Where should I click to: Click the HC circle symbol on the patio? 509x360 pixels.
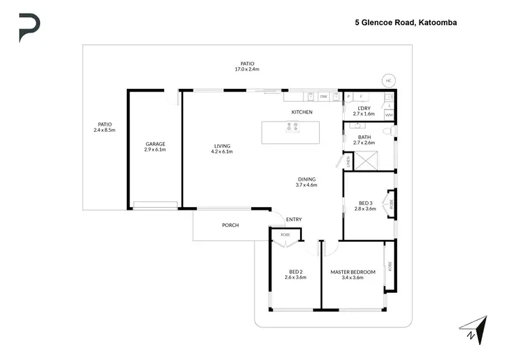click(389, 80)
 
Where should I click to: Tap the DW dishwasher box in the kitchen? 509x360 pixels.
click(324, 97)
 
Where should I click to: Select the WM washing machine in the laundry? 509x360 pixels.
click(389, 115)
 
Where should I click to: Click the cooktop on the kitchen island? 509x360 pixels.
click(293, 126)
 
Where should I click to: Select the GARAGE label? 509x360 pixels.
click(155, 144)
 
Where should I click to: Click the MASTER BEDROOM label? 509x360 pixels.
click(352, 272)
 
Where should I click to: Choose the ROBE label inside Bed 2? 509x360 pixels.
click(285, 234)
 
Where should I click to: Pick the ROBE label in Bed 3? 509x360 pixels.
click(391, 202)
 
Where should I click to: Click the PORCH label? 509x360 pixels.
click(231, 226)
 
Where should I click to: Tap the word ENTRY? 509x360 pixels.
click(294, 219)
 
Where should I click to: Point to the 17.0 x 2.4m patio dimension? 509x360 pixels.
click(247, 69)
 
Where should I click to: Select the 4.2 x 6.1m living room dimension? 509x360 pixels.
click(223, 151)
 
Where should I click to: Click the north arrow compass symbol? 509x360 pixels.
click(476, 328)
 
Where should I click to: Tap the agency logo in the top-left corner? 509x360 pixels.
click(29, 28)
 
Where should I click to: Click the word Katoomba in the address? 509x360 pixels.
click(438, 22)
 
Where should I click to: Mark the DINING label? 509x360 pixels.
click(307, 179)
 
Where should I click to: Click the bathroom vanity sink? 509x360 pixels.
click(355, 126)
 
